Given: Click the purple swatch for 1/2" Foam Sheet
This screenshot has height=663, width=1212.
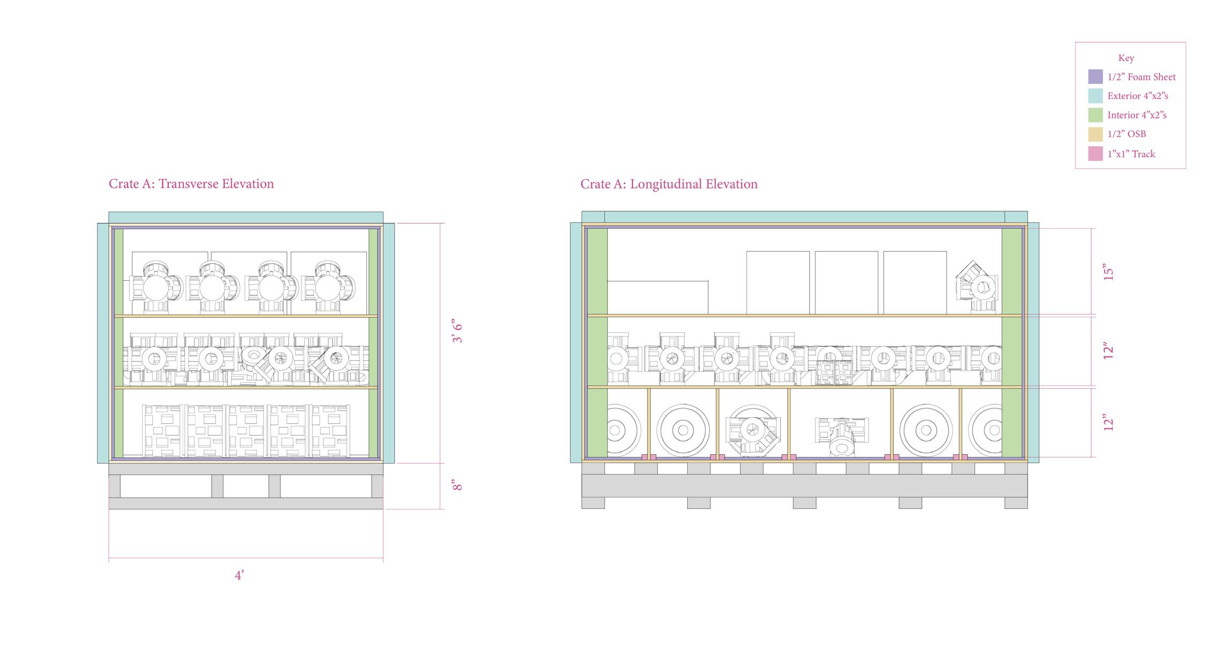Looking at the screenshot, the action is point(1095,77).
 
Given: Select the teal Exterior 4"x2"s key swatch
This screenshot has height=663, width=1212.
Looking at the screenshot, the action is point(1095,96).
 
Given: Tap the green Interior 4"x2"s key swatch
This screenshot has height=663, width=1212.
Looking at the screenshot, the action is point(1095,115).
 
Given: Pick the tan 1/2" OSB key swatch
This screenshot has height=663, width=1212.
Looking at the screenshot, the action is point(1095,134).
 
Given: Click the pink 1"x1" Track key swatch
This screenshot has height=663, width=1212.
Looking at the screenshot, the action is point(1095,154).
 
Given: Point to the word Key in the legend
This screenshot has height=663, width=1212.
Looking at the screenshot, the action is point(1126,58).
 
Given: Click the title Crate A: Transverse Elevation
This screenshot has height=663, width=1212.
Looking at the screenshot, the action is point(191,184).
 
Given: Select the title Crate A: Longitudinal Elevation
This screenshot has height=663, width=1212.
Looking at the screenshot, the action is point(669,184).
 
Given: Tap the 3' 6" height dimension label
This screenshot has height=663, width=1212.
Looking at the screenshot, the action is point(458,332).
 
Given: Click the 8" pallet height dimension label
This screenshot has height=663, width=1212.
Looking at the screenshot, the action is point(457,485).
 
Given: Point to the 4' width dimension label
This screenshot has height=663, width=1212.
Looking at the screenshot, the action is point(239,575).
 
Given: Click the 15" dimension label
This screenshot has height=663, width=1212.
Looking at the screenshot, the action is point(1108,272).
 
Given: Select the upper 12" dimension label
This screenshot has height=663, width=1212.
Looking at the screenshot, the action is point(1108,351).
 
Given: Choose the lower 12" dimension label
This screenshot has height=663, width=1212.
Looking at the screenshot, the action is point(1108,422).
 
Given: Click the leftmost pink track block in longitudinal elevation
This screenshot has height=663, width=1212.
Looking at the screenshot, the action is point(649,457).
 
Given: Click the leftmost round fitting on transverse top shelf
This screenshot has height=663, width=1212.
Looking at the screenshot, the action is point(156,288).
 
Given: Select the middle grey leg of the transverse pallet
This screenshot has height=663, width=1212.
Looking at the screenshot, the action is point(217,486).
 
